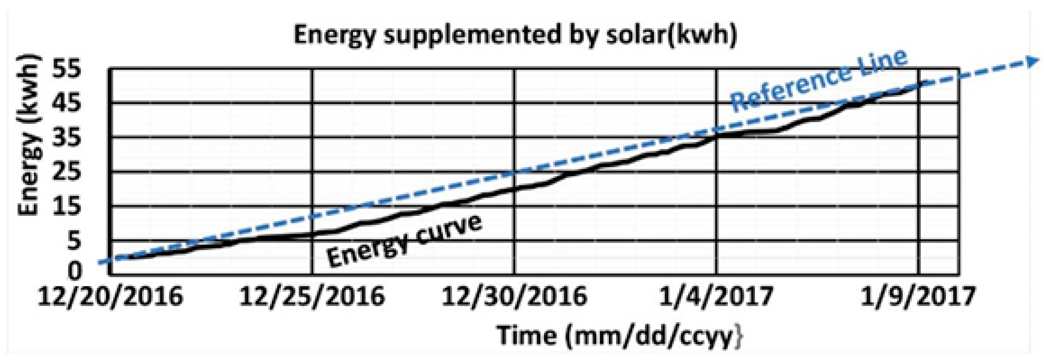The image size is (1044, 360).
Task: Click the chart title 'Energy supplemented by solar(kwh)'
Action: (515, 35)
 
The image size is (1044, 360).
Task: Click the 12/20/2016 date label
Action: (110, 296)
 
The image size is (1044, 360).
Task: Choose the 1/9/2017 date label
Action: (917, 296)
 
